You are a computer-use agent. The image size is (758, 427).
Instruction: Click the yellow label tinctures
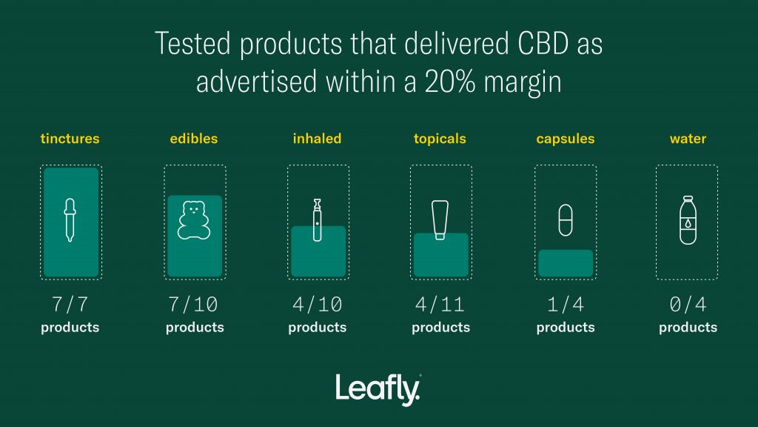(x=70, y=139)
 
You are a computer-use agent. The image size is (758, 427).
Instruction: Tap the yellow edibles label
(x=194, y=139)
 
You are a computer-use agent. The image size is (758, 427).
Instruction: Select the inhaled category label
(x=317, y=139)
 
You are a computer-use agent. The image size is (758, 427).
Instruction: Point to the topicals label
(x=440, y=139)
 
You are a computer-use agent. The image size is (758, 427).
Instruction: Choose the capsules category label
(x=565, y=139)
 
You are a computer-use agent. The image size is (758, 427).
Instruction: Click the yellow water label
(x=688, y=139)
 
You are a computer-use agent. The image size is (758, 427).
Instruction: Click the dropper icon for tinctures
(x=70, y=219)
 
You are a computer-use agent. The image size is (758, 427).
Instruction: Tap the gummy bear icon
(x=194, y=220)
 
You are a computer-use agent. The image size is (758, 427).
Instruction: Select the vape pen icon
(x=317, y=219)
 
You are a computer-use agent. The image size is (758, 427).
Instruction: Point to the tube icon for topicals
(x=440, y=219)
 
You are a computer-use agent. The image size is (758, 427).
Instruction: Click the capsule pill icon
(x=566, y=220)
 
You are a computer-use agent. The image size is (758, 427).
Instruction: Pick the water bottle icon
(x=688, y=220)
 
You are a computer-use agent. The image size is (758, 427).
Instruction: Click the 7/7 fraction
(x=70, y=305)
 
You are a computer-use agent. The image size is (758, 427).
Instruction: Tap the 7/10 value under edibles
(x=193, y=305)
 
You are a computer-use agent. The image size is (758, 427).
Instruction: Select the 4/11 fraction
(x=440, y=305)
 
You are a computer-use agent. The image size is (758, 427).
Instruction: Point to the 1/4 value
(x=566, y=305)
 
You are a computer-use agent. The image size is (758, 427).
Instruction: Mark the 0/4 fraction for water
(x=688, y=305)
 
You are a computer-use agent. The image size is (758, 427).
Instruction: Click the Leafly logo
(x=378, y=389)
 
